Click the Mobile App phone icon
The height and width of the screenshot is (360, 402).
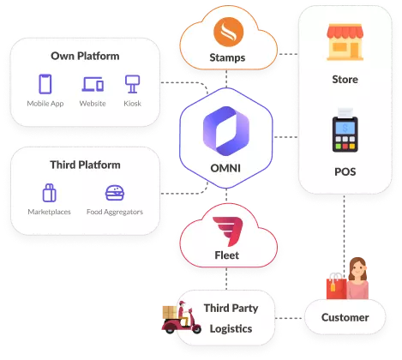coord(45,84)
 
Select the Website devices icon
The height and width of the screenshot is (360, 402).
coord(92,84)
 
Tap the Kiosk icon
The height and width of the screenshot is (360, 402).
coord(132,84)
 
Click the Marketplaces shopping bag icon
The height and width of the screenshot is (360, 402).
coord(50,193)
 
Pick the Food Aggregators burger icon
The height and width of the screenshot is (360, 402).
coord(114,193)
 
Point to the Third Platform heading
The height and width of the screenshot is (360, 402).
coord(85,165)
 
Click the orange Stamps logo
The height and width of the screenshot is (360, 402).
coord(227,35)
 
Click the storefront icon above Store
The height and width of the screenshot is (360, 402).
coord(345,42)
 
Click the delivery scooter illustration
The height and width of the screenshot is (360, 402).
coord(180,318)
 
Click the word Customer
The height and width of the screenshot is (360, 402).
coord(345,317)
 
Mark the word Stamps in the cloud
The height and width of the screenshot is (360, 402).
coord(227,58)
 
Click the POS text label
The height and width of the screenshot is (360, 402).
coord(345,171)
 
